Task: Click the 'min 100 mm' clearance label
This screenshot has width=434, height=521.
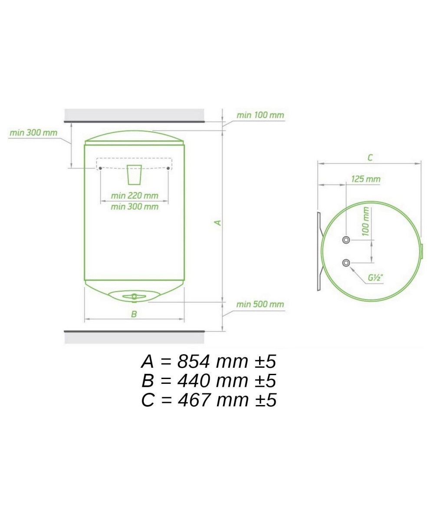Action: (260, 115)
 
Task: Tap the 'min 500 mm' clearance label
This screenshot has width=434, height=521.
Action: (260, 304)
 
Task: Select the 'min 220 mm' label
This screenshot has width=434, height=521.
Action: (135, 196)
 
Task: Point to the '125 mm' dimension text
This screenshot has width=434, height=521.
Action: (366, 179)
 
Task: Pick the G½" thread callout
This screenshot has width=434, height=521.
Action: (376, 277)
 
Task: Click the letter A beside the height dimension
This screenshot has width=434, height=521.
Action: (218, 223)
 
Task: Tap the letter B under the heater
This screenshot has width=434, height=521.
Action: (134, 314)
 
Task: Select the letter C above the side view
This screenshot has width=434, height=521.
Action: (370, 158)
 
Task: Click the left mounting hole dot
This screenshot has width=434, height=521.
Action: (100, 168)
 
